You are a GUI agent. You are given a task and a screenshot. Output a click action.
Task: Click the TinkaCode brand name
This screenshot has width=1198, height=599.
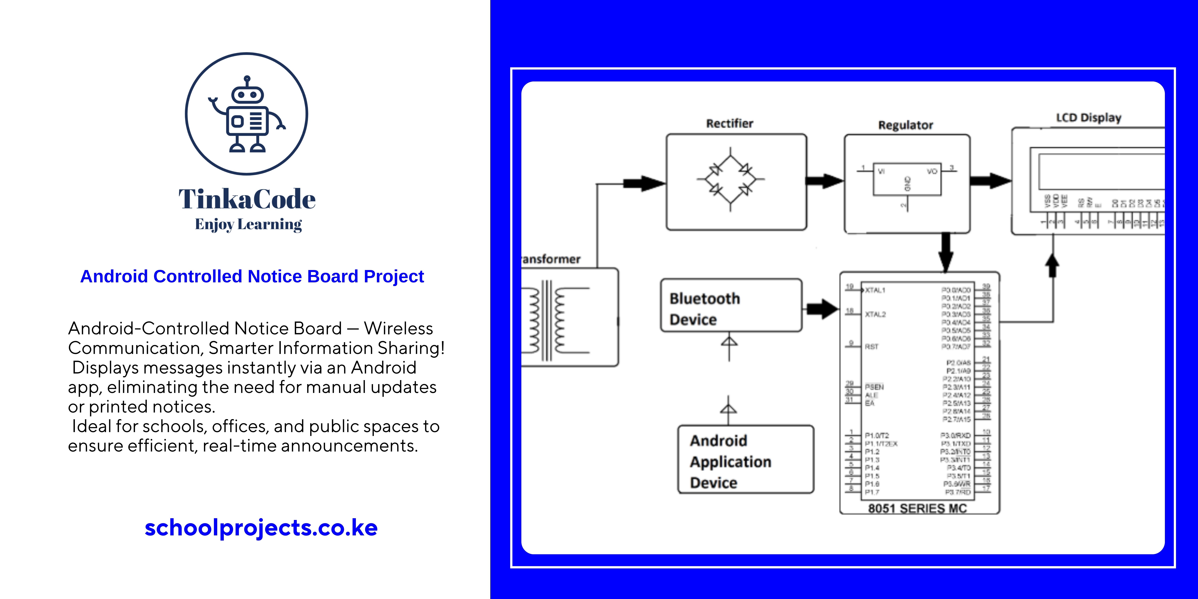click(247, 199)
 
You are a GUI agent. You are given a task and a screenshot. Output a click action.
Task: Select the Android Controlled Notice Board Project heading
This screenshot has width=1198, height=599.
click(252, 276)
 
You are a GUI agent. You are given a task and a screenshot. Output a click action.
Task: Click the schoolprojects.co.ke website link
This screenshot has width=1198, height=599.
click(261, 527)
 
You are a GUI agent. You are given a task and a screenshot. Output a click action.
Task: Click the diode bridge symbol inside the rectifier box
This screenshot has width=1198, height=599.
click(730, 179)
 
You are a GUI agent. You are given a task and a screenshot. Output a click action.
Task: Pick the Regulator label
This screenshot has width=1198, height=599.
click(905, 125)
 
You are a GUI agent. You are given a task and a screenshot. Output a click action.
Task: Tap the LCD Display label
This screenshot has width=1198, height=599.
click(1088, 118)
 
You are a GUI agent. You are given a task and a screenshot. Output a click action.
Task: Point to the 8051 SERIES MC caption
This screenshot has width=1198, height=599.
click(917, 508)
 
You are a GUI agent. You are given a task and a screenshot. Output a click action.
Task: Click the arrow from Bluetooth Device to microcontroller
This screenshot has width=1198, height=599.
click(822, 309)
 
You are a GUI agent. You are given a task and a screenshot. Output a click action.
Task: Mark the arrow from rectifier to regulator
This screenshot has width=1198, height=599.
click(824, 181)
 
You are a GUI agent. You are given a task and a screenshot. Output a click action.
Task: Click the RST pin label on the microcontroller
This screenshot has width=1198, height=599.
click(871, 346)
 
